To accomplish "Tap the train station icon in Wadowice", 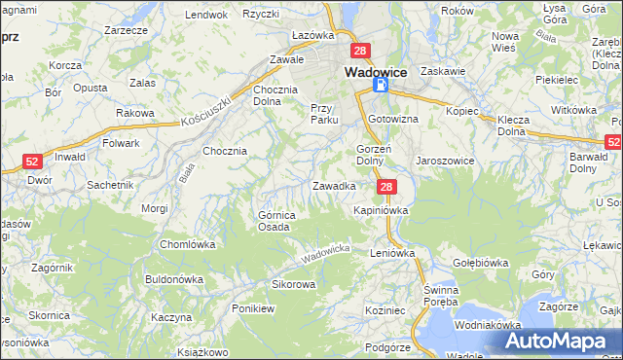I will point(381,87).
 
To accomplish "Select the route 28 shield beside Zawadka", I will point(386,187).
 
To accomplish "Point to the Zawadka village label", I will point(333,185).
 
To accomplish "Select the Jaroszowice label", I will point(445,161).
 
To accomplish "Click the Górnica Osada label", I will point(274,221).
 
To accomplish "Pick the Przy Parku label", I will point(323,114).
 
